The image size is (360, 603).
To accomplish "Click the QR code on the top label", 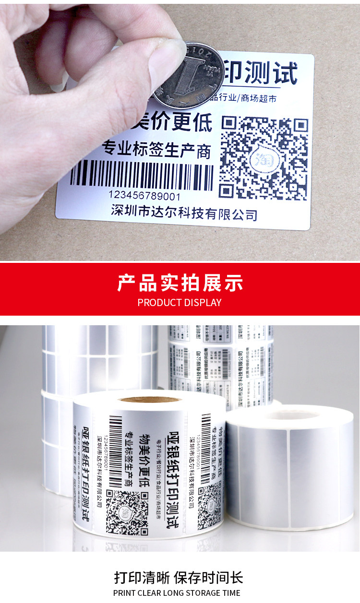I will tap(264, 158).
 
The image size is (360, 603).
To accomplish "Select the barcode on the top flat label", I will tap(142, 176).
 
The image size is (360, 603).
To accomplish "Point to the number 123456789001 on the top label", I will tap(144, 195).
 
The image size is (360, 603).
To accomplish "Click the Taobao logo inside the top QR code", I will tap(262, 159).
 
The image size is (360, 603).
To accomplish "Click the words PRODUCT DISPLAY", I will tap(180, 303).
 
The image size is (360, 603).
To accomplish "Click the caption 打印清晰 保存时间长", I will tap(179, 577).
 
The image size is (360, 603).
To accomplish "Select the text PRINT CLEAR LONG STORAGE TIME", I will tap(177, 593).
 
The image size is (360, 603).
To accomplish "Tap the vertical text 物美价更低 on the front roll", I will tap(144, 461).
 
